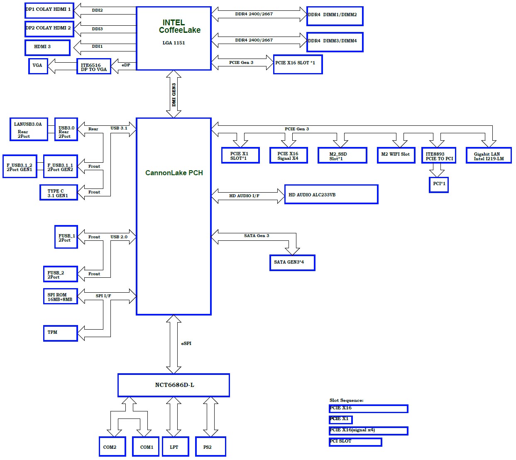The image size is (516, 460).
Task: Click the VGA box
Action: pos(38,66)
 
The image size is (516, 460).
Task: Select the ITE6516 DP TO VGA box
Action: pos(94,66)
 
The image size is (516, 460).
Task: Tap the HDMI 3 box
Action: pos(47,47)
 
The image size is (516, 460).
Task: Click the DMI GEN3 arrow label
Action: pos(174,95)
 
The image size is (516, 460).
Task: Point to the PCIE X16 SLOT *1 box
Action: pos(298,64)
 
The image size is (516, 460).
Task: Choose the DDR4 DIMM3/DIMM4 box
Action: pos(335,42)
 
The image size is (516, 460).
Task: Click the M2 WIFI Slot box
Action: pos(396,155)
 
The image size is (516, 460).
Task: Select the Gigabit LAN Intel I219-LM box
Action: pos(489,155)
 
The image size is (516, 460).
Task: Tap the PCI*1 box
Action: pos(438,185)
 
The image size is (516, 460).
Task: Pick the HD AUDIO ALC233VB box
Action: pos(331,194)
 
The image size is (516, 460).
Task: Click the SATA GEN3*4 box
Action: pos(292,262)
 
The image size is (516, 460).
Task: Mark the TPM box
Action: pos(60,333)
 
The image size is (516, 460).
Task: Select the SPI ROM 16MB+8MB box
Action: pos(60,296)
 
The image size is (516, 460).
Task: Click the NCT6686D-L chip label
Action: pos(174,384)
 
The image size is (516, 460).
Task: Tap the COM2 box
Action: pos(112,446)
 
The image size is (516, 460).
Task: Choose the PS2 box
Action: pos(210,446)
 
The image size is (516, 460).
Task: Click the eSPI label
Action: pos(186,343)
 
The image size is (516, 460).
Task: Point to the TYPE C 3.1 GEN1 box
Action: pos(59,192)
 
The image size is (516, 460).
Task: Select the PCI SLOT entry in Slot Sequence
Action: pos(355,442)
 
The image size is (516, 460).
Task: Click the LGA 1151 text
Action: pos(174,43)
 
